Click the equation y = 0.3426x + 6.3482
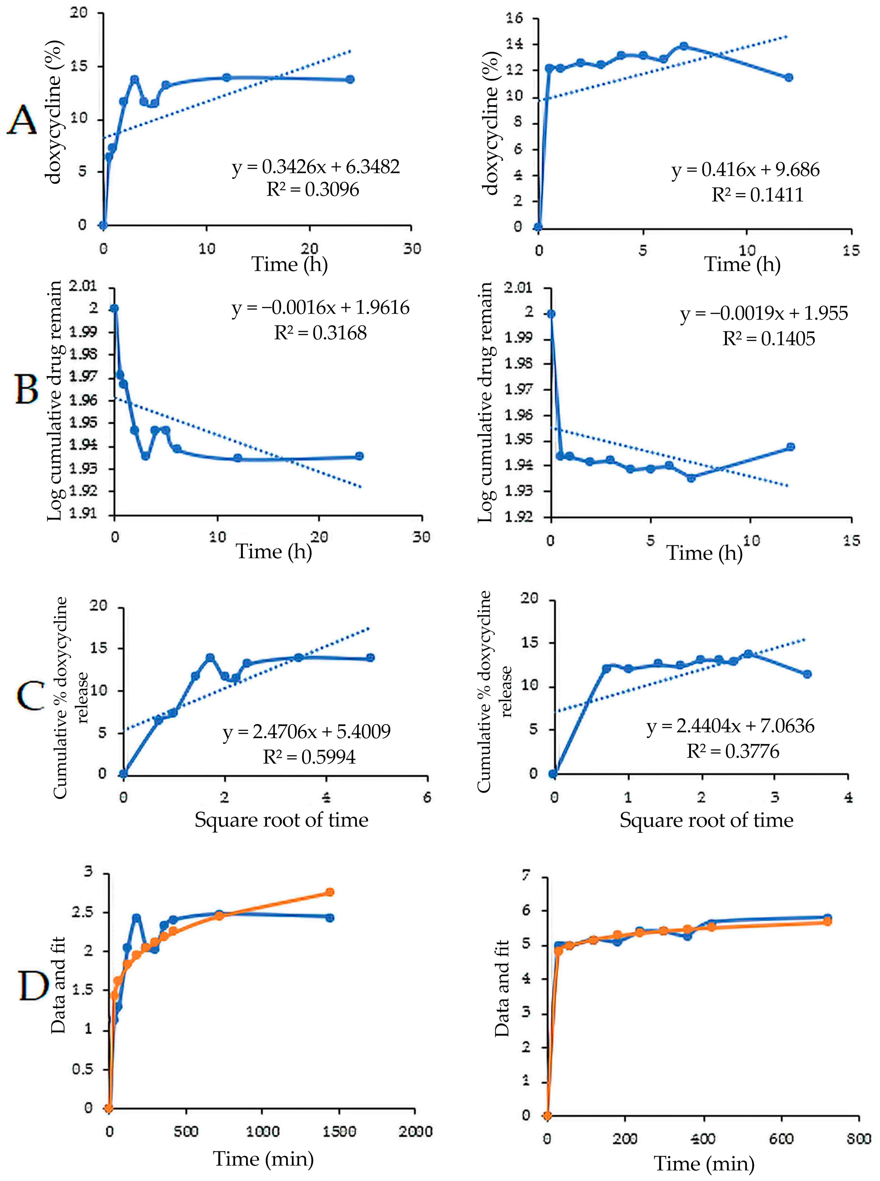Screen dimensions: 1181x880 pyautogui.click(x=316, y=167)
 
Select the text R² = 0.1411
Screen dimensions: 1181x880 pyautogui.click(x=758, y=195)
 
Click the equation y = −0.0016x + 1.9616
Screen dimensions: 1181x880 pyautogui.click(x=321, y=308)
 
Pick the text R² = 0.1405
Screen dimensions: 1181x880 pyautogui.click(x=768, y=339)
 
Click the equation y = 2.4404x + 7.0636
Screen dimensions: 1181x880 pyautogui.click(x=730, y=726)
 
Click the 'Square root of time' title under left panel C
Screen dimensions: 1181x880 pyautogui.click(x=281, y=819)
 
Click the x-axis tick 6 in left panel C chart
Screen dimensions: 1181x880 pyautogui.click(x=427, y=798)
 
